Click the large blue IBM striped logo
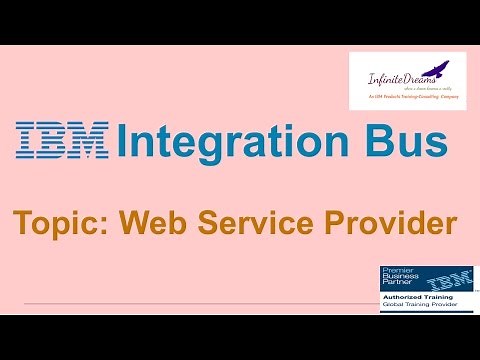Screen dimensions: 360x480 point(62,141)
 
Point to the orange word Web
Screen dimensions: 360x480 point(158,223)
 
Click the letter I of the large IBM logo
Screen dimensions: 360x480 point(26,141)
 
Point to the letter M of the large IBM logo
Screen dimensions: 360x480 point(89,141)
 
